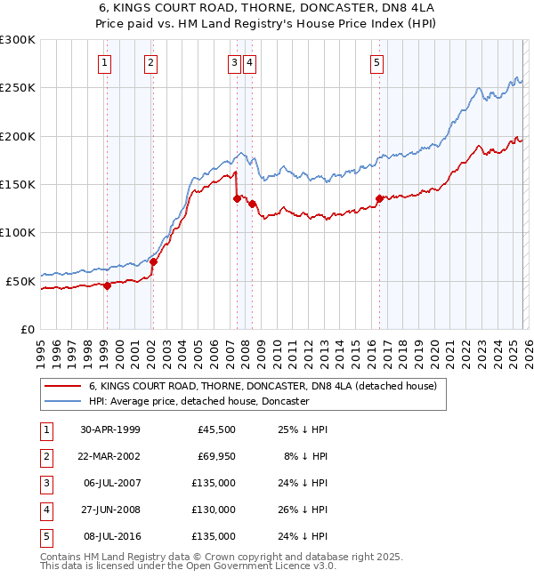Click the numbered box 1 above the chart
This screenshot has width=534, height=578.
pos(105,62)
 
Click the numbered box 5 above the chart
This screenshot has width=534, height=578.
pos(377,62)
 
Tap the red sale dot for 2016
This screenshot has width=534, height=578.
pos(379,199)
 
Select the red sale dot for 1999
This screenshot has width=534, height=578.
pos(107,285)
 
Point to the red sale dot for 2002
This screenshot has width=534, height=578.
pos(153,261)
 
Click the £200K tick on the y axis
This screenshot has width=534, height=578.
pos(18,136)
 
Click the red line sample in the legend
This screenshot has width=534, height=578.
pos(63,387)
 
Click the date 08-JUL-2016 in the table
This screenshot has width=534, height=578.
pos(111,537)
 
